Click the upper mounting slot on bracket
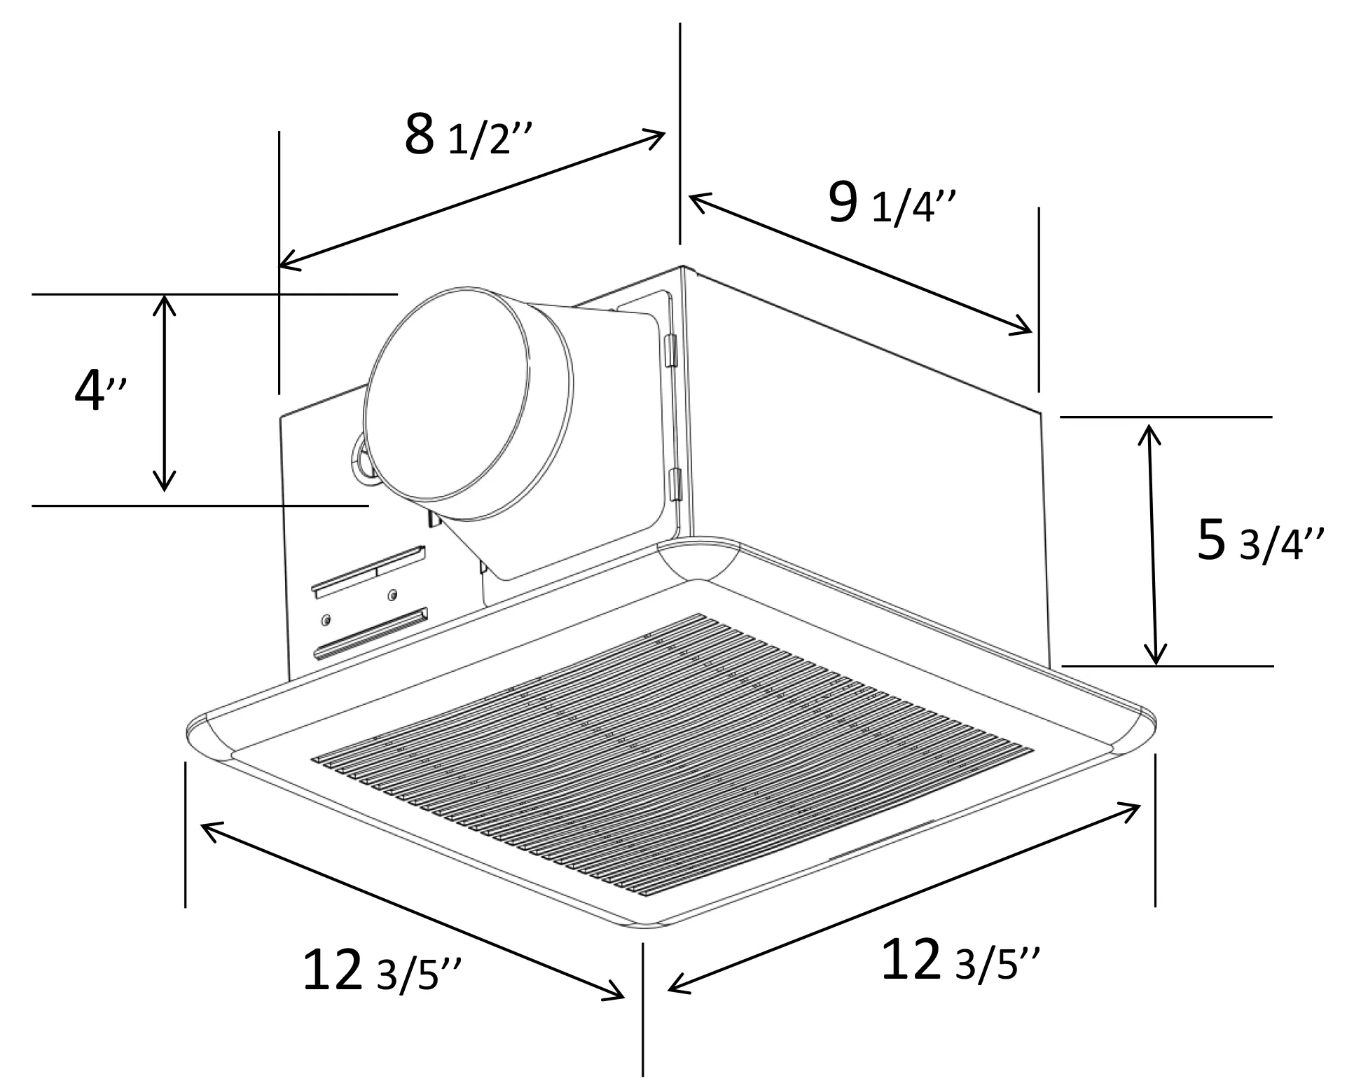pyautogui.click(x=369, y=571)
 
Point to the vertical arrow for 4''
pyautogui.click(x=164, y=392)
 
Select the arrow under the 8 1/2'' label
pyautogui.click(x=471, y=198)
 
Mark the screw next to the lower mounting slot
pyautogui.click(x=326, y=620)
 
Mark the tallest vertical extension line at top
pyautogui.click(x=679, y=133)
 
